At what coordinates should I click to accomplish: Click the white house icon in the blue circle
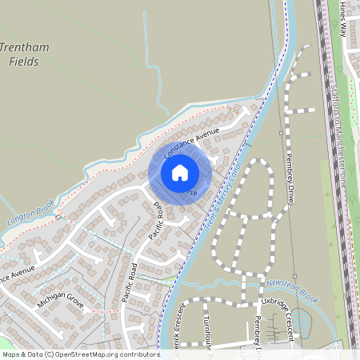[180, 173]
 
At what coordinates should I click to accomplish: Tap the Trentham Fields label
[25, 54]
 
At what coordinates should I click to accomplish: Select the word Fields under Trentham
[23, 62]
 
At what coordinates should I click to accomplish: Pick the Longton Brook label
[30, 210]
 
